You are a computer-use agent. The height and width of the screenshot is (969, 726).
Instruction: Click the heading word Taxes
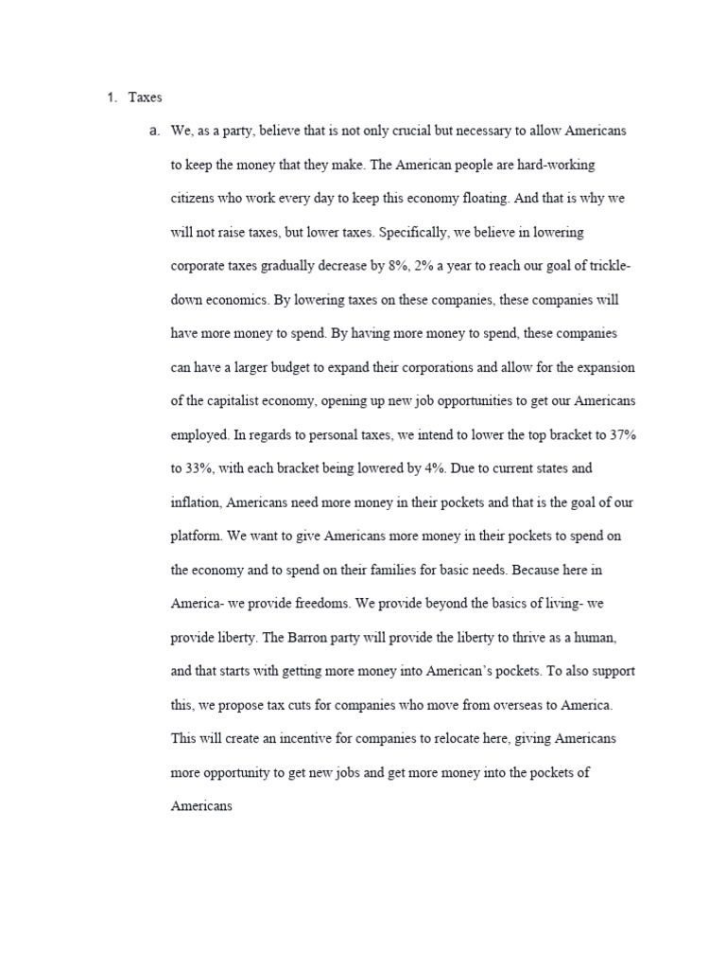pyautogui.click(x=146, y=97)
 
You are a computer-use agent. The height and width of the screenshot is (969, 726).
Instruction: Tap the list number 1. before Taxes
pyautogui.click(x=110, y=97)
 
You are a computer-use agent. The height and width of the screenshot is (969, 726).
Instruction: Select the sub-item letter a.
pyautogui.click(x=154, y=131)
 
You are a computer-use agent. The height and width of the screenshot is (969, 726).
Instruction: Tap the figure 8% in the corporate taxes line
pyautogui.click(x=399, y=266)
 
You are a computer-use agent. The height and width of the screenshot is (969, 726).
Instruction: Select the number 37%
pyautogui.click(x=620, y=434)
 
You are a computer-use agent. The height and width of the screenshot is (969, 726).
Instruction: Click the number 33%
pyautogui.click(x=202, y=468)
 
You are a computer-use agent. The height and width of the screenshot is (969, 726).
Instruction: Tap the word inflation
pyautogui.click(x=197, y=502)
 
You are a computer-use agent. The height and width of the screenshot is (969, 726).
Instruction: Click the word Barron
pyautogui.click(x=284, y=637)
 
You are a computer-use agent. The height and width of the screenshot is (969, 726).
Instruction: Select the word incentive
pyautogui.click(x=300, y=738)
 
